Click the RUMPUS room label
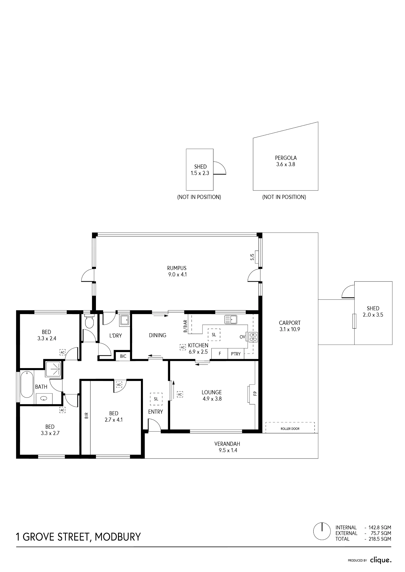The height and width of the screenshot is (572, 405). (x=177, y=268)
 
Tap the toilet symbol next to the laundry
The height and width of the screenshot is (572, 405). (x=90, y=321)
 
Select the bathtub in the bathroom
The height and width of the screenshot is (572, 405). (x=27, y=384)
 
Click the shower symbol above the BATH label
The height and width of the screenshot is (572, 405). (x=54, y=369)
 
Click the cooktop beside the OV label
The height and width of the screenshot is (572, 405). (x=253, y=337)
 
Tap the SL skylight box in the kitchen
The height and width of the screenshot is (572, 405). (x=214, y=334)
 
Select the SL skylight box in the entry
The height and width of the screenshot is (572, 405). (x=156, y=399)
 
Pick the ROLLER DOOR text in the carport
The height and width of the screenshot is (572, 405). (x=290, y=429)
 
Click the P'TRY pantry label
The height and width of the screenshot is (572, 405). (x=236, y=354)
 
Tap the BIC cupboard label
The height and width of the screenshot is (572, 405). (x=123, y=356)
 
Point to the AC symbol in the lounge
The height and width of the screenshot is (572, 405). (x=180, y=394)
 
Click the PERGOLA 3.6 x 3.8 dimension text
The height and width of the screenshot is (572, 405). (x=286, y=164)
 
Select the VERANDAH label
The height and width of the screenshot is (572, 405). (x=227, y=444)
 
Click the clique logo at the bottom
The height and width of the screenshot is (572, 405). (x=381, y=560)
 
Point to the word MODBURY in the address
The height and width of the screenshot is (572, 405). (x=118, y=537)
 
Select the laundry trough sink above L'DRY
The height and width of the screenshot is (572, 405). (x=125, y=320)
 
